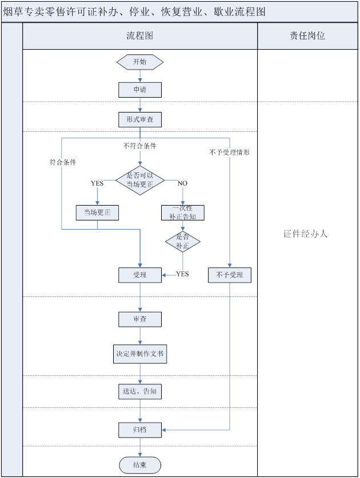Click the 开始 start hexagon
pyautogui.click(x=140, y=62)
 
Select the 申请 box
pyautogui.click(x=140, y=90)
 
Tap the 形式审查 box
pyautogui.click(x=140, y=119)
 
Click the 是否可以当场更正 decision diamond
pyautogui.click(x=140, y=179)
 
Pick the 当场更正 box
pyautogui.click(x=97, y=212)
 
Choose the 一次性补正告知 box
pyautogui.click(x=183, y=212)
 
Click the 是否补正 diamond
pyautogui.click(x=183, y=242)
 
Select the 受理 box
pyautogui.click(x=140, y=275)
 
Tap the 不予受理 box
pyautogui.click(x=230, y=275)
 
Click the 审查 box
pyautogui.click(x=140, y=319)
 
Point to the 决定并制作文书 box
pyautogui.click(x=140, y=354)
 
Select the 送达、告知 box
pyautogui.click(x=140, y=391)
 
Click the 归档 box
pyautogui.click(x=140, y=429)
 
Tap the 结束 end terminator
pyautogui.click(x=140, y=465)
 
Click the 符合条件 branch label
pyautogui.click(x=63, y=162)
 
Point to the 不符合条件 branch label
pyautogui.click(x=140, y=146)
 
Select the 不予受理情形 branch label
pyautogui.click(x=230, y=152)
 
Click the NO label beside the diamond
pyautogui.click(x=182, y=183)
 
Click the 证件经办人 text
pyautogui.click(x=306, y=234)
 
